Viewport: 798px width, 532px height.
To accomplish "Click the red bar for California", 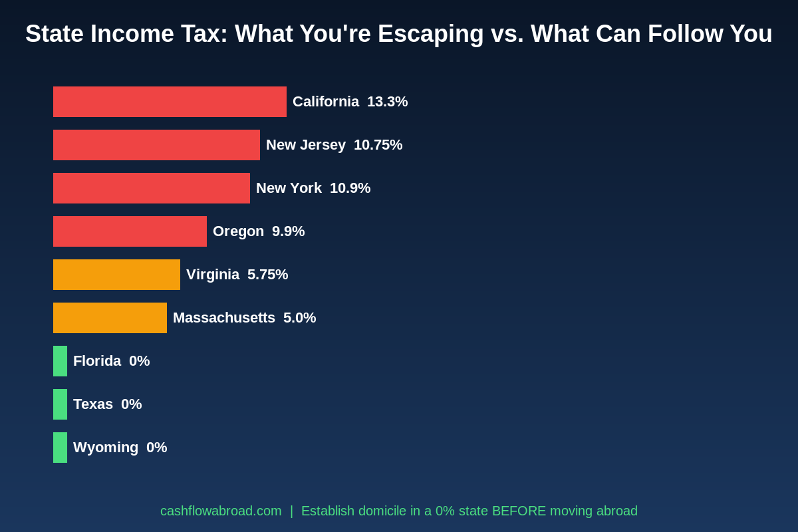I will pyautogui.click(x=170, y=102).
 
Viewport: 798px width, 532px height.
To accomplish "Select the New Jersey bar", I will pyautogui.click(x=156, y=145).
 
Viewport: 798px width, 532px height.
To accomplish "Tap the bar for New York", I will pyautogui.click(x=152, y=188).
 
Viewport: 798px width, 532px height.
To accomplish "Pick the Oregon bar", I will pyautogui.click(x=130, y=231).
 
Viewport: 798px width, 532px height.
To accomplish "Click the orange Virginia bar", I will pyautogui.click(x=116, y=275).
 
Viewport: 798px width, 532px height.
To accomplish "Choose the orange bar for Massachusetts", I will pyautogui.click(x=110, y=318).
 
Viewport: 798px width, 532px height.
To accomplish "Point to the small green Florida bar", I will pyautogui.click(x=60, y=361).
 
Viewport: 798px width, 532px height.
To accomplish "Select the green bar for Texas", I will pyautogui.click(x=60, y=404).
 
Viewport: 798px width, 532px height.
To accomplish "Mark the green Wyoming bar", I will pyautogui.click(x=60, y=448).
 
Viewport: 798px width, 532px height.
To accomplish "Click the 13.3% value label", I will pyautogui.click(x=387, y=102).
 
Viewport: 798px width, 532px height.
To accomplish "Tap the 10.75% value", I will pyautogui.click(x=378, y=145).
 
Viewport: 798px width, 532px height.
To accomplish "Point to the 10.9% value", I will pyautogui.click(x=350, y=188).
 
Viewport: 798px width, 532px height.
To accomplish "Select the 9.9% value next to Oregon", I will pyautogui.click(x=288, y=231).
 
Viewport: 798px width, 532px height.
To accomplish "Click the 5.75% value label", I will pyautogui.click(x=267, y=275).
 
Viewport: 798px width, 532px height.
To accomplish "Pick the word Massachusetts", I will pyautogui.click(x=223, y=318).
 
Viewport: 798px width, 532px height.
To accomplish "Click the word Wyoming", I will pyautogui.click(x=106, y=448).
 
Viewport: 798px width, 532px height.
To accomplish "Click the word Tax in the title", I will pyautogui.click(x=198, y=34).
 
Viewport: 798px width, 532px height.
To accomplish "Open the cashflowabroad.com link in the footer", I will pyautogui.click(x=221, y=511).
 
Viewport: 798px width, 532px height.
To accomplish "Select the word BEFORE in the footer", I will pyautogui.click(x=518, y=511).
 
